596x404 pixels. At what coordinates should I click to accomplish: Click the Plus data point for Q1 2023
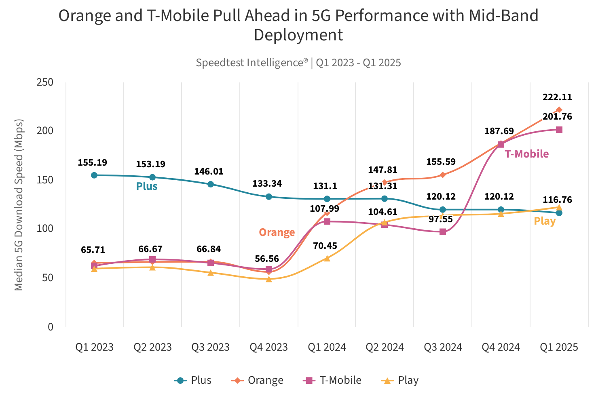94,175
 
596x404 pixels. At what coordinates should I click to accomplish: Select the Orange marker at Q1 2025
559,110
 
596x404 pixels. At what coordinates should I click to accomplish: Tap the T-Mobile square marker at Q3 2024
443,232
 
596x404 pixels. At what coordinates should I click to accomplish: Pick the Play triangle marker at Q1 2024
327,259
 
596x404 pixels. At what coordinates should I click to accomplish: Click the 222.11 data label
557,97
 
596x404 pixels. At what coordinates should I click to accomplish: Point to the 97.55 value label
441,219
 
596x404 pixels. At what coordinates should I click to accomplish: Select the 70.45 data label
325,246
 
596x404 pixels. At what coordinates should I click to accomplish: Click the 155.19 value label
92,163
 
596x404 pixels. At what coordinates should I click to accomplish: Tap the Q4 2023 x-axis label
268,347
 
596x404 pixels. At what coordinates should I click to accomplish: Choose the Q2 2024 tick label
385,347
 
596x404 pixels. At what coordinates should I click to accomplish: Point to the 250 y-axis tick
45,82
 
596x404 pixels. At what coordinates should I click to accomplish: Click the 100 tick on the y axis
45,229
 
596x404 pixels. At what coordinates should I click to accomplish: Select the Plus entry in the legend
193,381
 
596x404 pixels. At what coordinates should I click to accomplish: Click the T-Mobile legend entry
332,381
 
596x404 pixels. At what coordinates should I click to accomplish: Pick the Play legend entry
401,381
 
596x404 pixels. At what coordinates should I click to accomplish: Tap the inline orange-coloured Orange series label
277,233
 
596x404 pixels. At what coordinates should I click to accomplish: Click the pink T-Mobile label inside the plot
526,154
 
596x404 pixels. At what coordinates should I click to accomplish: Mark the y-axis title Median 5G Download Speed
19,204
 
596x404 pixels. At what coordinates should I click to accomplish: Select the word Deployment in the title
298,35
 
